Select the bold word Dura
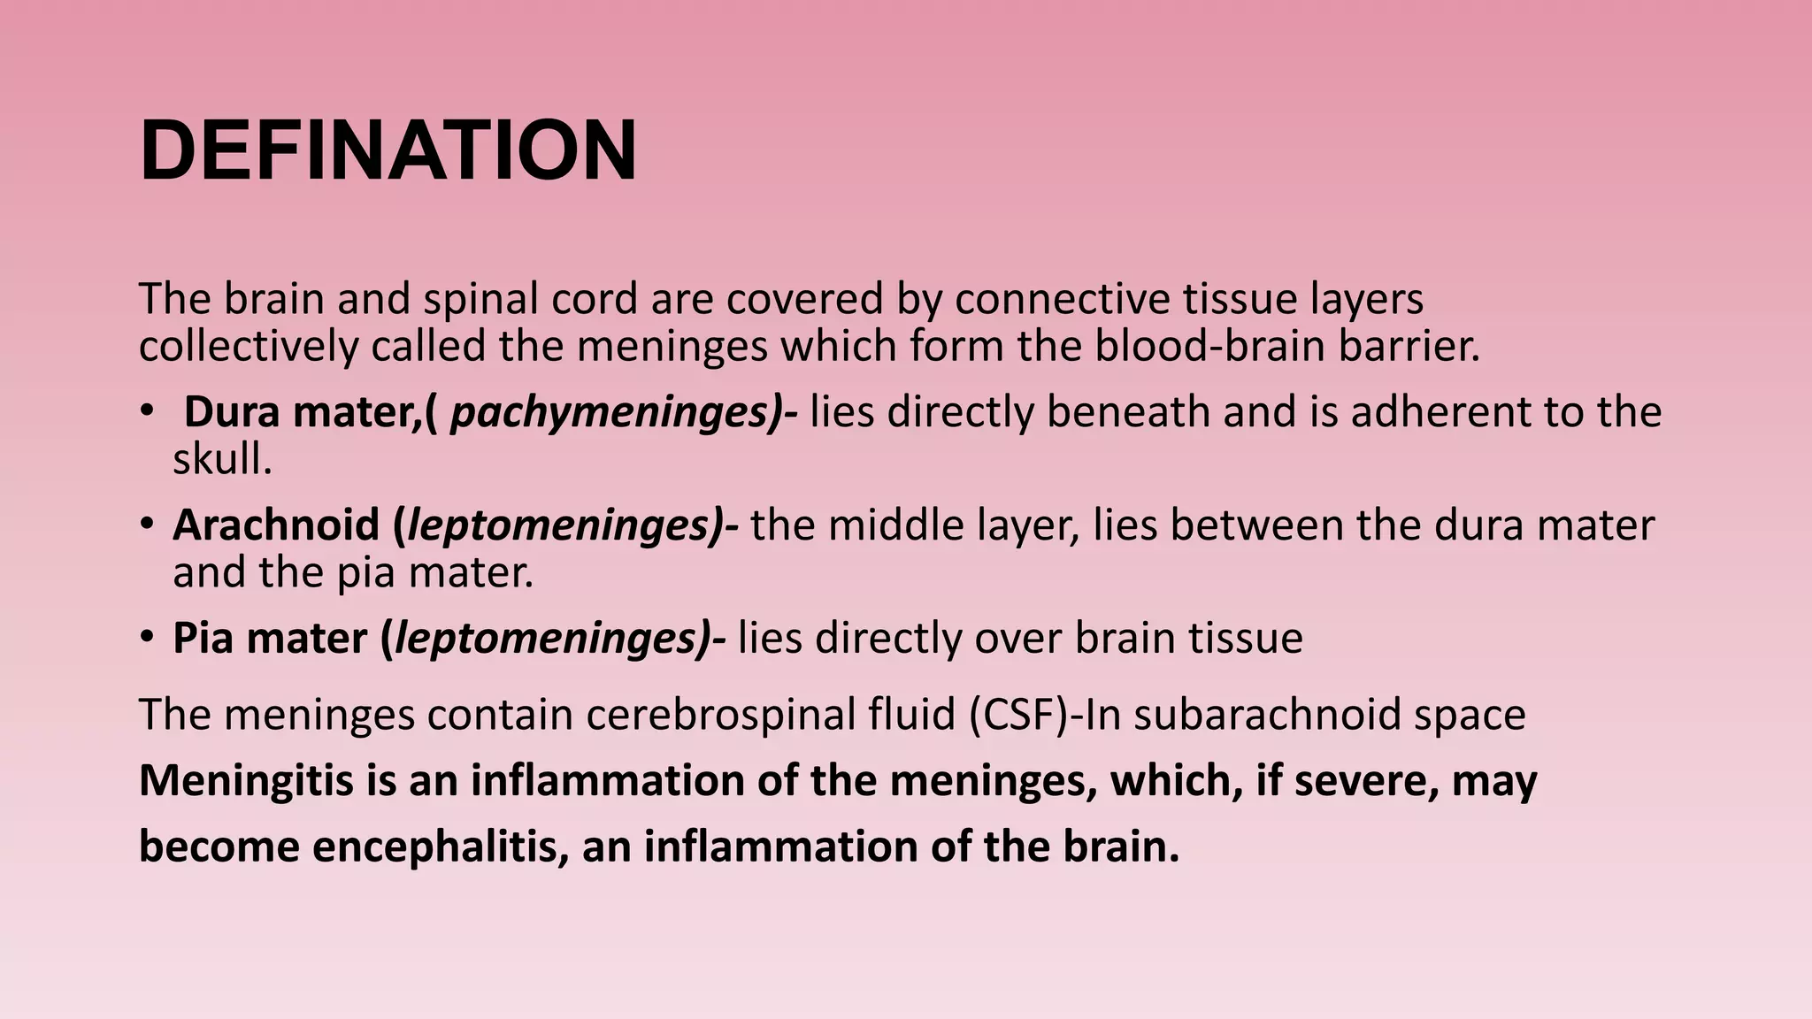point(232,412)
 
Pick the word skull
point(221,459)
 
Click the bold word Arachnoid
point(276,525)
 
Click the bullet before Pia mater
point(147,638)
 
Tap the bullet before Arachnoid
point(147,525)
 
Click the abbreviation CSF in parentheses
point(1018,715)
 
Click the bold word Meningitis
point(246,781)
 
